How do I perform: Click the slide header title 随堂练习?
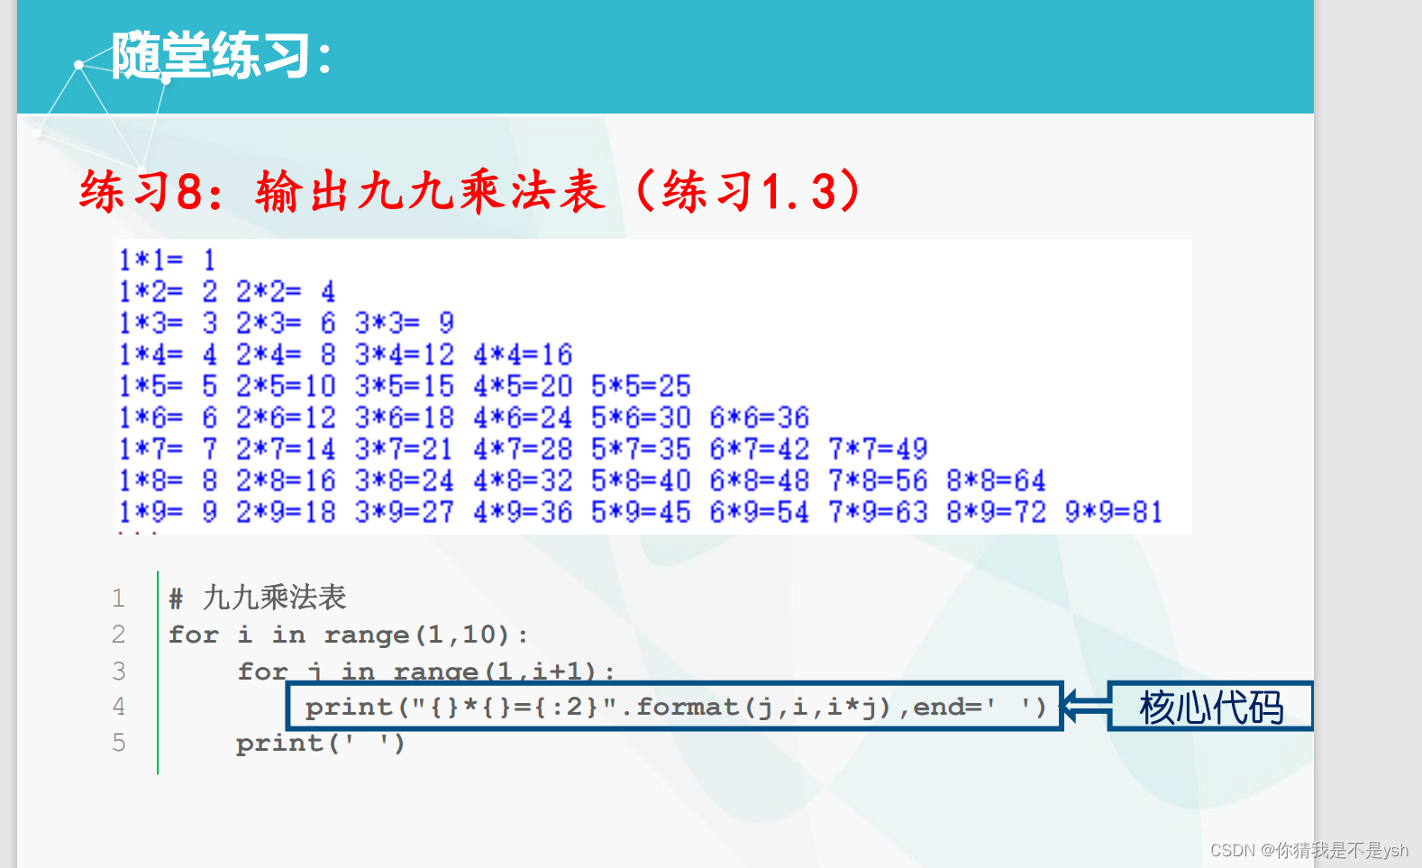click(221, 56)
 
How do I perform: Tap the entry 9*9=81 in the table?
click(1113, 512)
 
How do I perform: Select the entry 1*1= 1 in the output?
click(168, 260)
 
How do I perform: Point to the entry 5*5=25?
click(640, 386)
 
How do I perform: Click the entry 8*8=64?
click(995, 480)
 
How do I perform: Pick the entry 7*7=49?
click(877, 449)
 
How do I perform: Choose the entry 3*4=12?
click(404, 354)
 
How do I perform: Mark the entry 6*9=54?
click(758, 512)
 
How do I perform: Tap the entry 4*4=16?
click(522, 354)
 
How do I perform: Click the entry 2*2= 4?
click(285, 292)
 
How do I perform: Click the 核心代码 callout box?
click(1210, 707)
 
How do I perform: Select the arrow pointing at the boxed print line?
click(1085, 706)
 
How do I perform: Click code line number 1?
click(118, 598)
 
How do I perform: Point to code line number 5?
click(118, 743)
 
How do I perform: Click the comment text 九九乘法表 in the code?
click(274, 598)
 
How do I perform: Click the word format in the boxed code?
click(688, 707)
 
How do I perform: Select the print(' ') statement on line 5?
click(320, 744)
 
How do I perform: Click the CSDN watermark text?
click(1308, 850)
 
